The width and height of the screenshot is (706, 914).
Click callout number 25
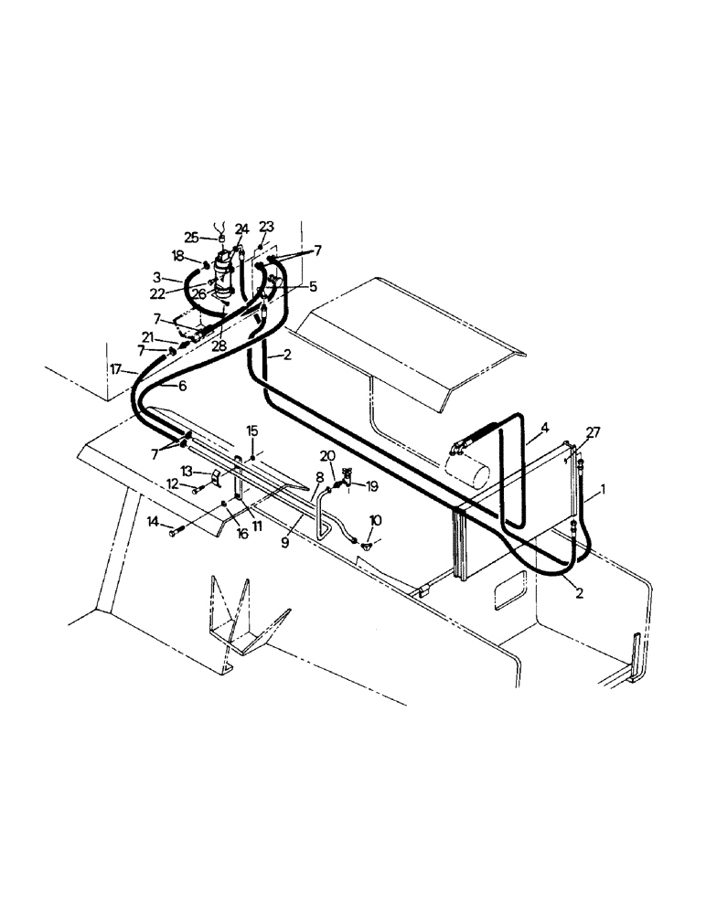click(x=191, y=238)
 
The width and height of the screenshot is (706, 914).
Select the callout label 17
click(x=116, y=369)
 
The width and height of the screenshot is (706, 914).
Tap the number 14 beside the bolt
click(x=153, y=522)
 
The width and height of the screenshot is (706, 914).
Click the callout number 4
click(x=544, y=427)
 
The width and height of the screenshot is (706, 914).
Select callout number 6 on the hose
click(x=182, y=386)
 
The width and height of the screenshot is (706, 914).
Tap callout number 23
click(x=266, y=226)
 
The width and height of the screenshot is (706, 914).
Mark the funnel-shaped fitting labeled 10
click(x=366, y=545)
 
